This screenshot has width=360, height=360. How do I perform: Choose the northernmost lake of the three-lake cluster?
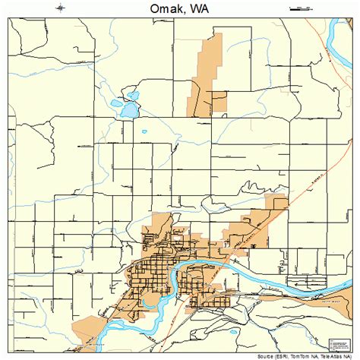coord(133,96)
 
